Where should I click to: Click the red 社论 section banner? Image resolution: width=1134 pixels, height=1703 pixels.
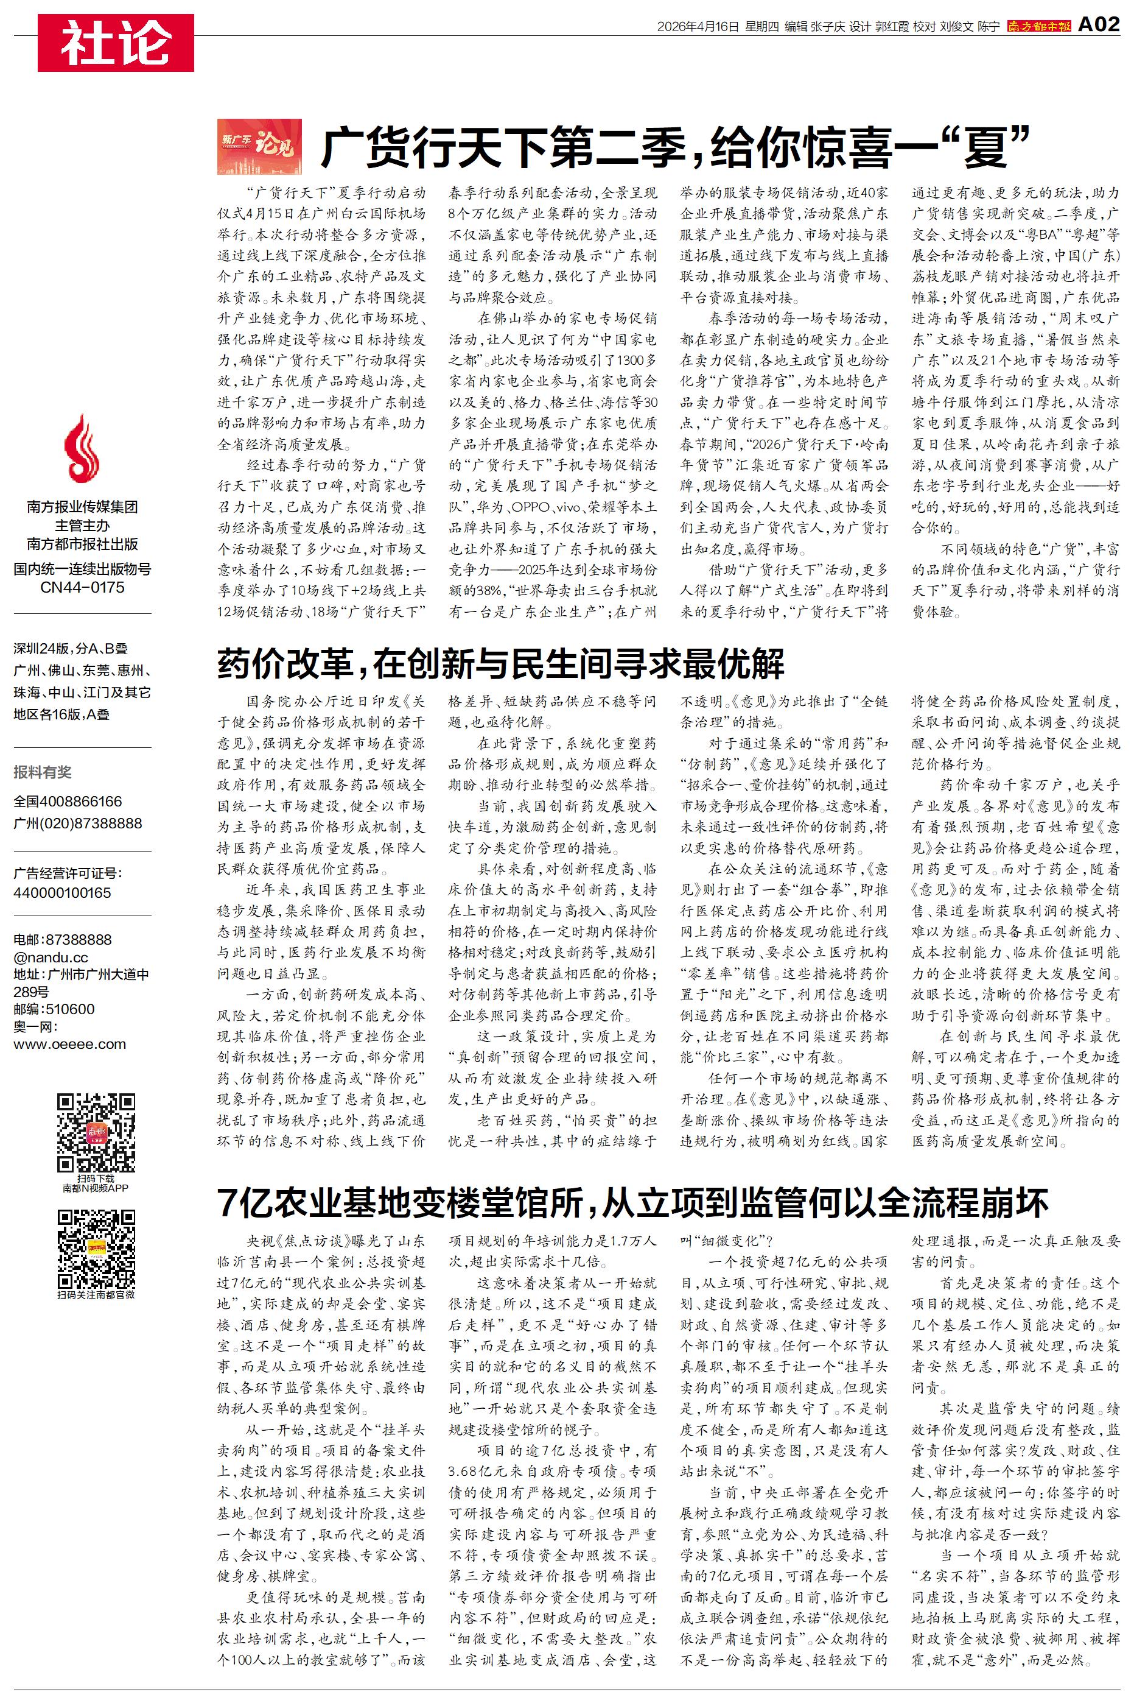(x=116, y=43)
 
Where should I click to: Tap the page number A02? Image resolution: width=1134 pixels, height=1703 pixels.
(x=1098, y=26)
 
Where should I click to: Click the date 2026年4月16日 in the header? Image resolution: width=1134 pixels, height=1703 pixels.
(x=698, y=27)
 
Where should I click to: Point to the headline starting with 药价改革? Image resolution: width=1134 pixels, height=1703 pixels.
(x=500, y=663)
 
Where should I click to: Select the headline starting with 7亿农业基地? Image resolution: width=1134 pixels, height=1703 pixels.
(x=633, y=1202)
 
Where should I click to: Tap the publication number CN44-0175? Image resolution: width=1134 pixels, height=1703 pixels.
(x=82, y=587)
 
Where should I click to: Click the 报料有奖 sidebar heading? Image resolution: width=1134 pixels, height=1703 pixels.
(x=43, y=772)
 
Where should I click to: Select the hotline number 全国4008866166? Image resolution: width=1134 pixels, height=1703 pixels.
(x=68, y=802)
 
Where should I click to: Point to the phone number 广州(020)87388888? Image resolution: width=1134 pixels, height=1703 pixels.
(x=77, y=823)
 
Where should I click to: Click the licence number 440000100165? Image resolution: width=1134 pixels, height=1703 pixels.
(x=62, y=893)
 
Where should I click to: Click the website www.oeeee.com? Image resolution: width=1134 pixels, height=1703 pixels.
(x=69, y=1044)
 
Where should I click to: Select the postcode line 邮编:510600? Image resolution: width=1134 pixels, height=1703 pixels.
(x=54, y=1009)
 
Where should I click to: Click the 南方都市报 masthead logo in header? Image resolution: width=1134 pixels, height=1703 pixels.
(x=1039, y=26)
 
